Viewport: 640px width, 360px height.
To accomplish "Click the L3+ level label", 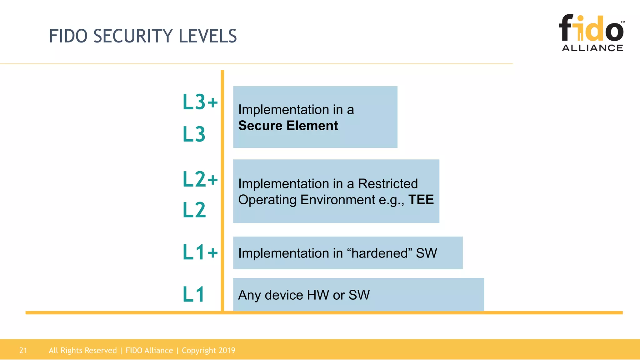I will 200,102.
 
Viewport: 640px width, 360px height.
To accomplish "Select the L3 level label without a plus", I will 194,134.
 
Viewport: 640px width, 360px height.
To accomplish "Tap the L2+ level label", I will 200,179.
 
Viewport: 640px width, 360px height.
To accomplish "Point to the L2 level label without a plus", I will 194,210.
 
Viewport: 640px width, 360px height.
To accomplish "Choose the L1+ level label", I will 200,252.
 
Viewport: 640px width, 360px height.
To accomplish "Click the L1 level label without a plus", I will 193,294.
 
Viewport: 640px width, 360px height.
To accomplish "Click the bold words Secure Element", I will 288,126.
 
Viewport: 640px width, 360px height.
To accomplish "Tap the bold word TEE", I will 421,200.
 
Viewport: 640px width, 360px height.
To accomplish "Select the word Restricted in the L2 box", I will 387,184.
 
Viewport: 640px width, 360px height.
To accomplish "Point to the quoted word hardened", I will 380,253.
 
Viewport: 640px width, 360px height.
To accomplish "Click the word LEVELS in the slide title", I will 208,36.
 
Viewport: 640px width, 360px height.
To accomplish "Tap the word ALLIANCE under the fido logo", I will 592,48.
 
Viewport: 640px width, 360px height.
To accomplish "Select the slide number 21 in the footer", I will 23,351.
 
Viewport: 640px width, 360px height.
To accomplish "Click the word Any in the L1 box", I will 249,295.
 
